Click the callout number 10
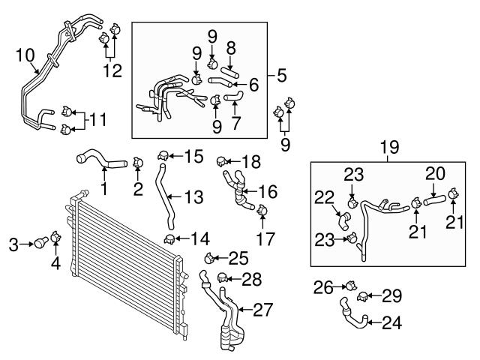[x=25, y=55]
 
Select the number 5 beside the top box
[x=281, y=75]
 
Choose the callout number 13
[x=193, y=196]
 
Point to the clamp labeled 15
[x=162, y=157]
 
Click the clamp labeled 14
[x=171, y=239]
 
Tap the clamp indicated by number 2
[x=137, y=161]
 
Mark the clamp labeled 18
[x=221, y=160]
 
